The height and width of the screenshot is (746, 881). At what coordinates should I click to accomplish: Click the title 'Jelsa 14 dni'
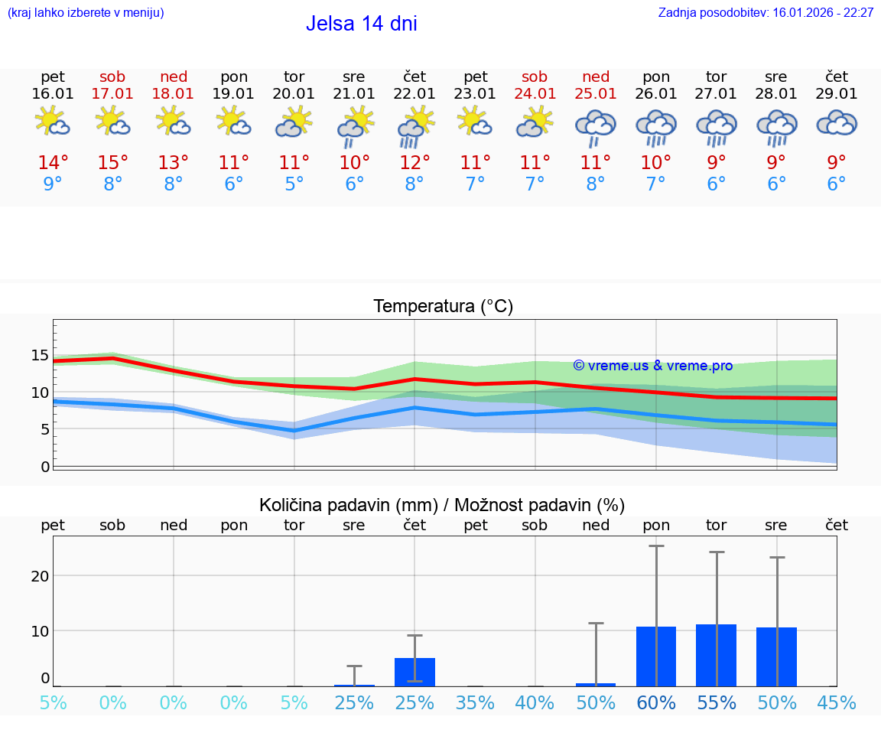point(361,24)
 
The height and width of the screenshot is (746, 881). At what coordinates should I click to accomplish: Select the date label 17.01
point(112,94)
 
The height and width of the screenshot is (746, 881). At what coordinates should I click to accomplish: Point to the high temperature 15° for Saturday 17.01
point(112,163)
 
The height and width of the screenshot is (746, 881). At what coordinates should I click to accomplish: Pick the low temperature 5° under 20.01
point(294,184)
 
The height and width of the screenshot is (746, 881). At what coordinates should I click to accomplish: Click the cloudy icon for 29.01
point(837,122)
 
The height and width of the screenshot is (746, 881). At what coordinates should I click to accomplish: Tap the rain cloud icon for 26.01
point(656,125)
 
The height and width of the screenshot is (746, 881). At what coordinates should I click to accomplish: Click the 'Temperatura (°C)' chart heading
point(443,307)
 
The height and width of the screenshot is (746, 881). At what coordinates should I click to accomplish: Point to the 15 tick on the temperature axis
point(41,355)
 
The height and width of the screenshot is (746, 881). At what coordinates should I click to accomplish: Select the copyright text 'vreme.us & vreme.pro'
point(653,366)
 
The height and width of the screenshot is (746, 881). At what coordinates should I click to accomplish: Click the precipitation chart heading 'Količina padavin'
point(442,505)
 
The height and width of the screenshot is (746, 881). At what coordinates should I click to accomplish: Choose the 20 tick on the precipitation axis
point(41,575)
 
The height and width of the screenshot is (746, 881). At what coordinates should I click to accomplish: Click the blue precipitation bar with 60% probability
point(656,656)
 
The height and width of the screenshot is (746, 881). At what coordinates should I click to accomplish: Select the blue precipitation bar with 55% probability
point(716,656)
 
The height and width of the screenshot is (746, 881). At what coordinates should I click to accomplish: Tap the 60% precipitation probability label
point(656,702)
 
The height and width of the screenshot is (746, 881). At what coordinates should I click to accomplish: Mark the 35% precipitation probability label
point(475,702)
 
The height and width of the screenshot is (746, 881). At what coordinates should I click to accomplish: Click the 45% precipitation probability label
point(837,702)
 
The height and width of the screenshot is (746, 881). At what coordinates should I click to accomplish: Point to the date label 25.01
point(596,94)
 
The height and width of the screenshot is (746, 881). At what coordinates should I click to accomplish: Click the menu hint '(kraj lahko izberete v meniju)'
point(86,13)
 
